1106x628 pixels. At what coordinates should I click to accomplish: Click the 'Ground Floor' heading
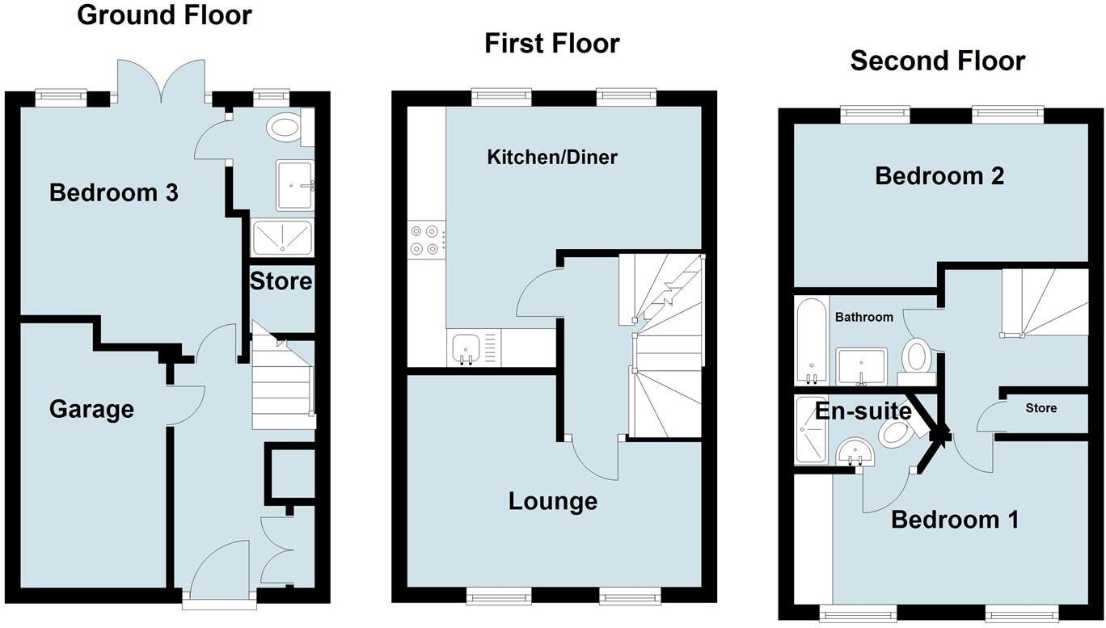[x=164, y=15]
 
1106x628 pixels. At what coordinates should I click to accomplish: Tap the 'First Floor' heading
[x=551, y=43]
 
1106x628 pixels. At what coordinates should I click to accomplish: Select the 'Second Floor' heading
[x=937, y=61]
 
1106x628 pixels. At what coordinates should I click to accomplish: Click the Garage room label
[x=91, y=409]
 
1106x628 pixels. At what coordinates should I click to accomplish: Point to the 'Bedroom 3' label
[x=113, y=193]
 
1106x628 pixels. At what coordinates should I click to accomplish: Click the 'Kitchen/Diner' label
[x=551, y=157]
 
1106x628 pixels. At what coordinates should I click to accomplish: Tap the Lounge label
[x=552, y=501]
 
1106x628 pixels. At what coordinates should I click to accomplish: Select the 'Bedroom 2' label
[x=939, y=175]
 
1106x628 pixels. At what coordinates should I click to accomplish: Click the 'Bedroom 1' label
[x=955, y=519]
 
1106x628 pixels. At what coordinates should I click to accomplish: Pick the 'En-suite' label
[x=862, y=411]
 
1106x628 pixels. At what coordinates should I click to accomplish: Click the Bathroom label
[x=863, y=317]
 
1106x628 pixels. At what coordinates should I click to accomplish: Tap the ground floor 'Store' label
[x=281, y=281]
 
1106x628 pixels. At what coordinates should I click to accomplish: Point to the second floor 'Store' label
[x=1041, y=408]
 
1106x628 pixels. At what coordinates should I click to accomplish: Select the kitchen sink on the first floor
[x=466, y=348]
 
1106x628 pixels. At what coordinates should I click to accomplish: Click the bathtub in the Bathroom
[x=809, y=340]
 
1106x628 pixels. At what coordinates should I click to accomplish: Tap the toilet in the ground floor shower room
[x=285, y=126]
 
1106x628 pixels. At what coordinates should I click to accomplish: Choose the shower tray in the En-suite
[x=809, y=430]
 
